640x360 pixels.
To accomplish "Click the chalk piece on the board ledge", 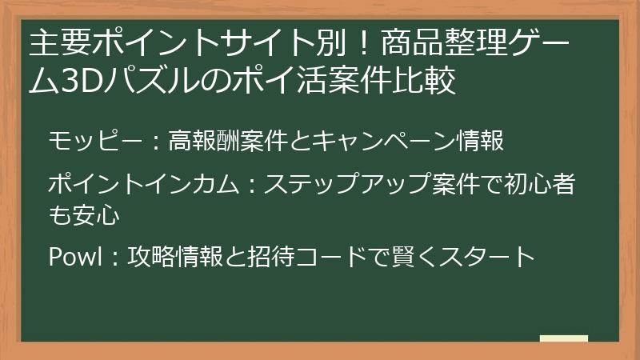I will pos(563,339).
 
